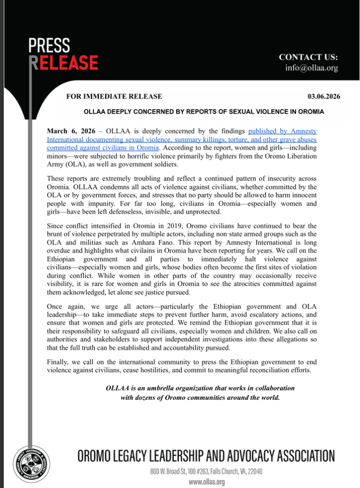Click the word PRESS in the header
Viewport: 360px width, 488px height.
pyautogui.click(x=49, y=46)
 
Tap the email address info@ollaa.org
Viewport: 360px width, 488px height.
pyautogui.click(x=311, y=68)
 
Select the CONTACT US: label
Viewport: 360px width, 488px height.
pyautogui.click(x=308, y=57)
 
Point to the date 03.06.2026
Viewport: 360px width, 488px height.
pyautogui.click(x=323, y=96)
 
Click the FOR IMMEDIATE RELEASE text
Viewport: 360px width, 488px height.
pyautogui.click(x=114, y=96)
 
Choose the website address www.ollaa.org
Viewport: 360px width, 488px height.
pyautogui.click(x=207, y=482)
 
